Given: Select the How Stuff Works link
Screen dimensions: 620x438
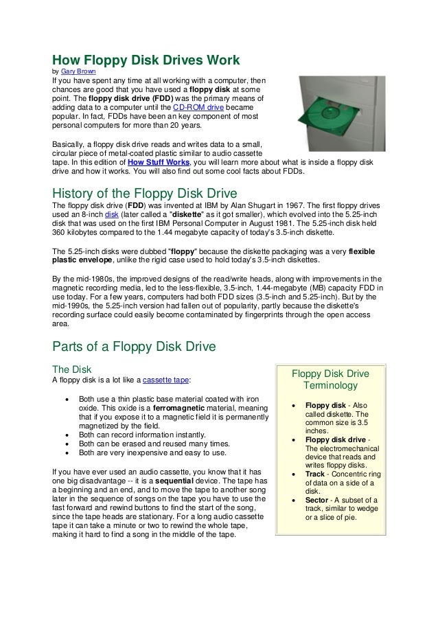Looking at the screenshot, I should click(159, 162).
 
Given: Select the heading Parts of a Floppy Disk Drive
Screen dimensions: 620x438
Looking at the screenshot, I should click(135, 347).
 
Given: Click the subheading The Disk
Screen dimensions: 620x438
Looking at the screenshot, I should click(71, 367).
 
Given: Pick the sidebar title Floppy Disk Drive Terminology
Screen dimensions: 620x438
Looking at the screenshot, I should click(330, 380).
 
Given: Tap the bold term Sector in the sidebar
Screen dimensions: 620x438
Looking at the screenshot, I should click(319, 500).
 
